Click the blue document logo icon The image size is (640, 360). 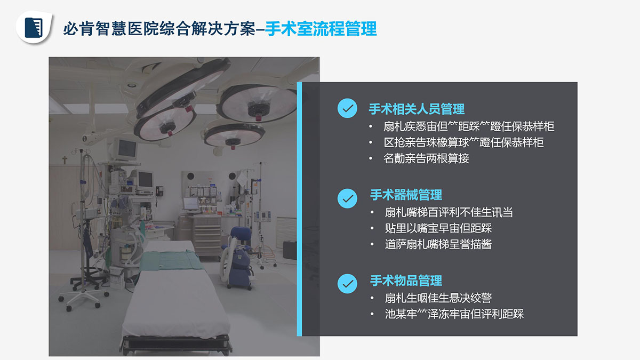(34, 28)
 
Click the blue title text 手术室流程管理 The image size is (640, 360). (321, 29)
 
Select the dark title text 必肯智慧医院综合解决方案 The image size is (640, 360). (159, 29)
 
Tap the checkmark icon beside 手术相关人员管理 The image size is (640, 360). (347, 108)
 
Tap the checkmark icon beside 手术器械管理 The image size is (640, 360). (347, 198)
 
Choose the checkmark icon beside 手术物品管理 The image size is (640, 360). (347, 284)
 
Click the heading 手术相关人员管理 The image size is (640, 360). (417, 109)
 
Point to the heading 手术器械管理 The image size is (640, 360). (406, 195)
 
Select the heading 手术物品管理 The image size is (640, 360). (406, 281)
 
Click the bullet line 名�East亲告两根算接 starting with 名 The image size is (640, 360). (426, 158)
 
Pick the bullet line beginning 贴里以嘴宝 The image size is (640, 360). (438, 228)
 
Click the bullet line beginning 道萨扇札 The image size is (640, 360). (438, 244)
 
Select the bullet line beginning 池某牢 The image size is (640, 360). (454, 314)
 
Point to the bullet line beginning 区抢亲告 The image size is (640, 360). (463, 142)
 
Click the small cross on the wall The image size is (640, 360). (65, 160)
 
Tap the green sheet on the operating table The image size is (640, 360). (171, 260)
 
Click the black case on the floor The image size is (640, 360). (290, 250)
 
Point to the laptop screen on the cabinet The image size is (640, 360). (190, 204)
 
